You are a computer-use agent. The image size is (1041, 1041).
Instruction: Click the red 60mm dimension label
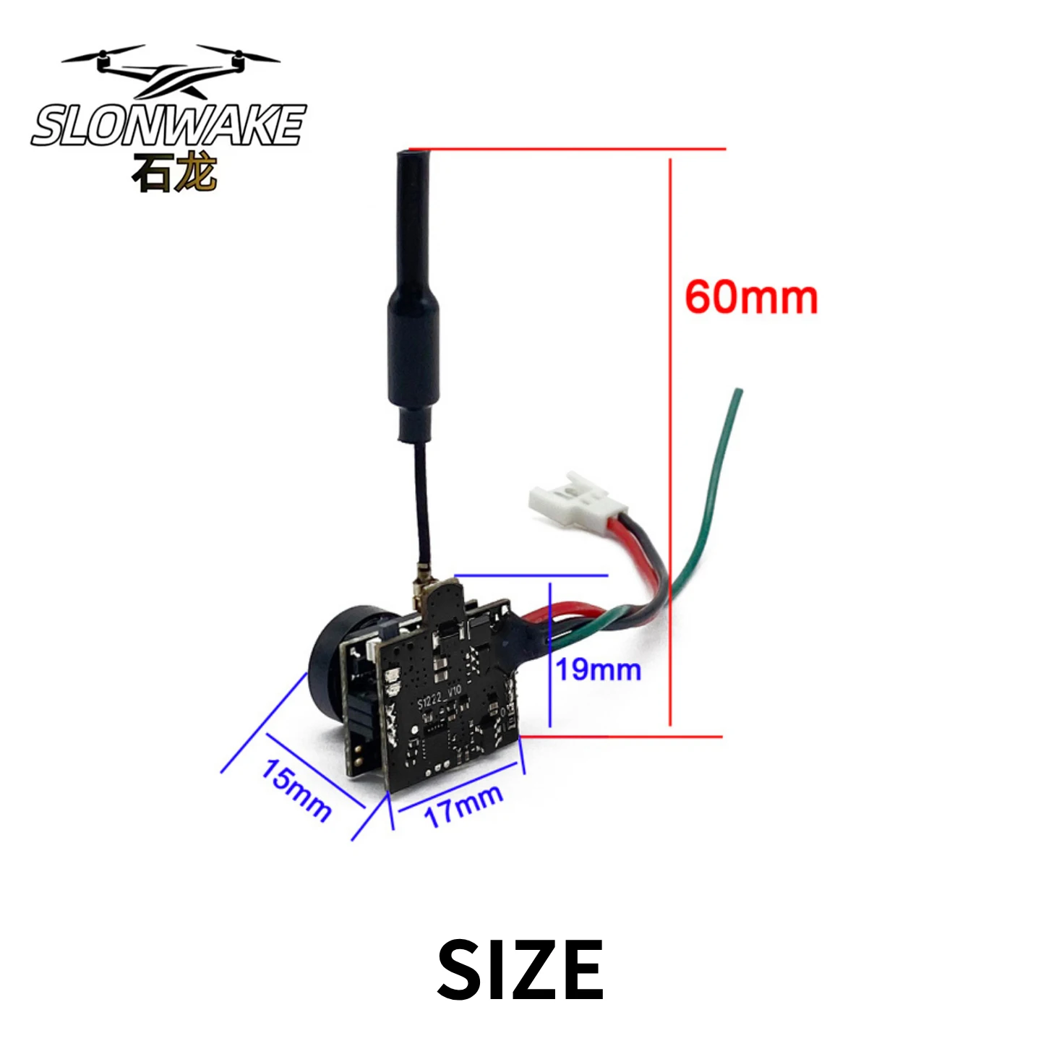pyautogui.click(x=751, y=298)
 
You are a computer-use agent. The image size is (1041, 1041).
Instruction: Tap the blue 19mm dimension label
pyautogui.click(x=599, y=670)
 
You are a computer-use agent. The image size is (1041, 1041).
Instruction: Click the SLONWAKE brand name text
pyautogui.click(x=168, y=125)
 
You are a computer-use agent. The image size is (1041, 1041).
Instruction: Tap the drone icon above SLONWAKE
pyautogui.click(x=170, y=70)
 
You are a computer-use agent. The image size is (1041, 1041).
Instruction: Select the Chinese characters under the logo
pyautogui.click(x=174, y=173)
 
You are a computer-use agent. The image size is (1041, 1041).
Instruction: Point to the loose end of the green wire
pyautogui.click(x=738, y=391)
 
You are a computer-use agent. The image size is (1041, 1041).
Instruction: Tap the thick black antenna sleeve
pyautogui.click(x=414, y=294)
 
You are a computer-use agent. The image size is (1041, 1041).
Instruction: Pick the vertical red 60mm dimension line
pyautogui.click(x=670, y=442)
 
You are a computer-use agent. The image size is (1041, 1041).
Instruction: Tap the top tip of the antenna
pyautogui.click(x=414, y=152)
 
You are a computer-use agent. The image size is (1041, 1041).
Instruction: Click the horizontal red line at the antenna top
pyautogui.click(x=567, y=149)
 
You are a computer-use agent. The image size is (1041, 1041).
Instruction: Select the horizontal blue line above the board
pyautogui.click(x=532, y=575)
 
